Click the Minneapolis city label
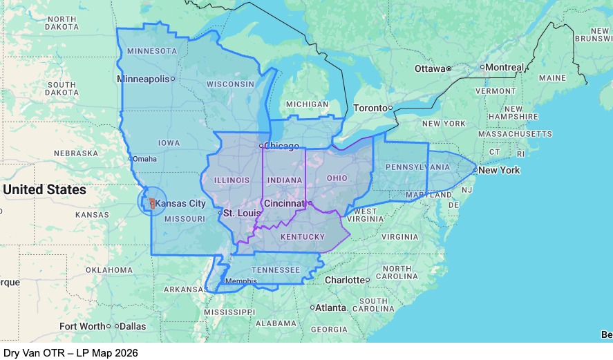click(x=143, y=79)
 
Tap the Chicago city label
click(x=283, y=146)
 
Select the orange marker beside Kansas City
click(x=151, y=203)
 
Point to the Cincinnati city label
click(x=283, y=203)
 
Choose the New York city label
click(x=500, y=170)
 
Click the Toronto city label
click(x=370, y=108)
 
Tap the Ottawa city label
click(x=430, y=68)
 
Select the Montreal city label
click(x=504, y=68)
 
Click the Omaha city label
click(x=144, y=158)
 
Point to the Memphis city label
click(x=241, y=281)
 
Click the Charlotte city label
click(x=345, y=280)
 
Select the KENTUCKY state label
click(x=303, y=237)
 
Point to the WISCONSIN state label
click(x=230, y=84)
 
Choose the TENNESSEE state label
click(x=275, y=269)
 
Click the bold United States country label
click(x=45, y=189)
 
